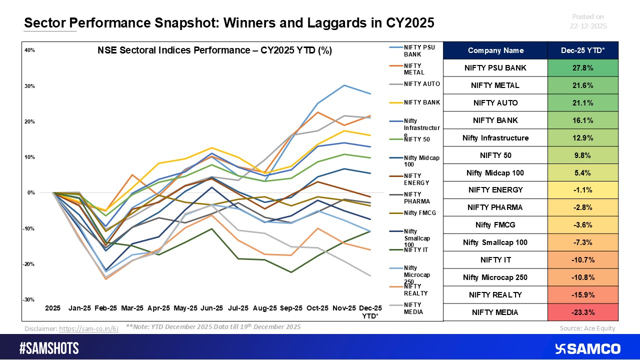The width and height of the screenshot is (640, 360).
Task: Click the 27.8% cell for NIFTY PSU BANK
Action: click(x=582, y=67)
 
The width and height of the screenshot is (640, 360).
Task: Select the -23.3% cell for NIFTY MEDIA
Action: click(x=582, y=312)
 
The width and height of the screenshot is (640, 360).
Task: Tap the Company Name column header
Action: click(x=495, y=50)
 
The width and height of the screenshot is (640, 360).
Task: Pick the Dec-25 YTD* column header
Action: click(x=582, y=50)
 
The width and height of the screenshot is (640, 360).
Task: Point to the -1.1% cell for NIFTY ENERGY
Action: click(x=582, y=190)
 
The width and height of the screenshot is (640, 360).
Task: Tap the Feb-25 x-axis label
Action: click(x=106, y=308)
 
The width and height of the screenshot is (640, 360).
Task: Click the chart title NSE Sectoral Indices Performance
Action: click(x=214, y=50)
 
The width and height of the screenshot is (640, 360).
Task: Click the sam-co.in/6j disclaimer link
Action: click(x=88, y=328)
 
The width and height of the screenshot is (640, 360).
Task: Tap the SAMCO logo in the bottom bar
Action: click(x=588, y=348)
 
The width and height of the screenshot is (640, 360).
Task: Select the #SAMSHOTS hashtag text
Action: click(x=49, y=348)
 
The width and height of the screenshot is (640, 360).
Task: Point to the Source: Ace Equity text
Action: click(x=587, y=328)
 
